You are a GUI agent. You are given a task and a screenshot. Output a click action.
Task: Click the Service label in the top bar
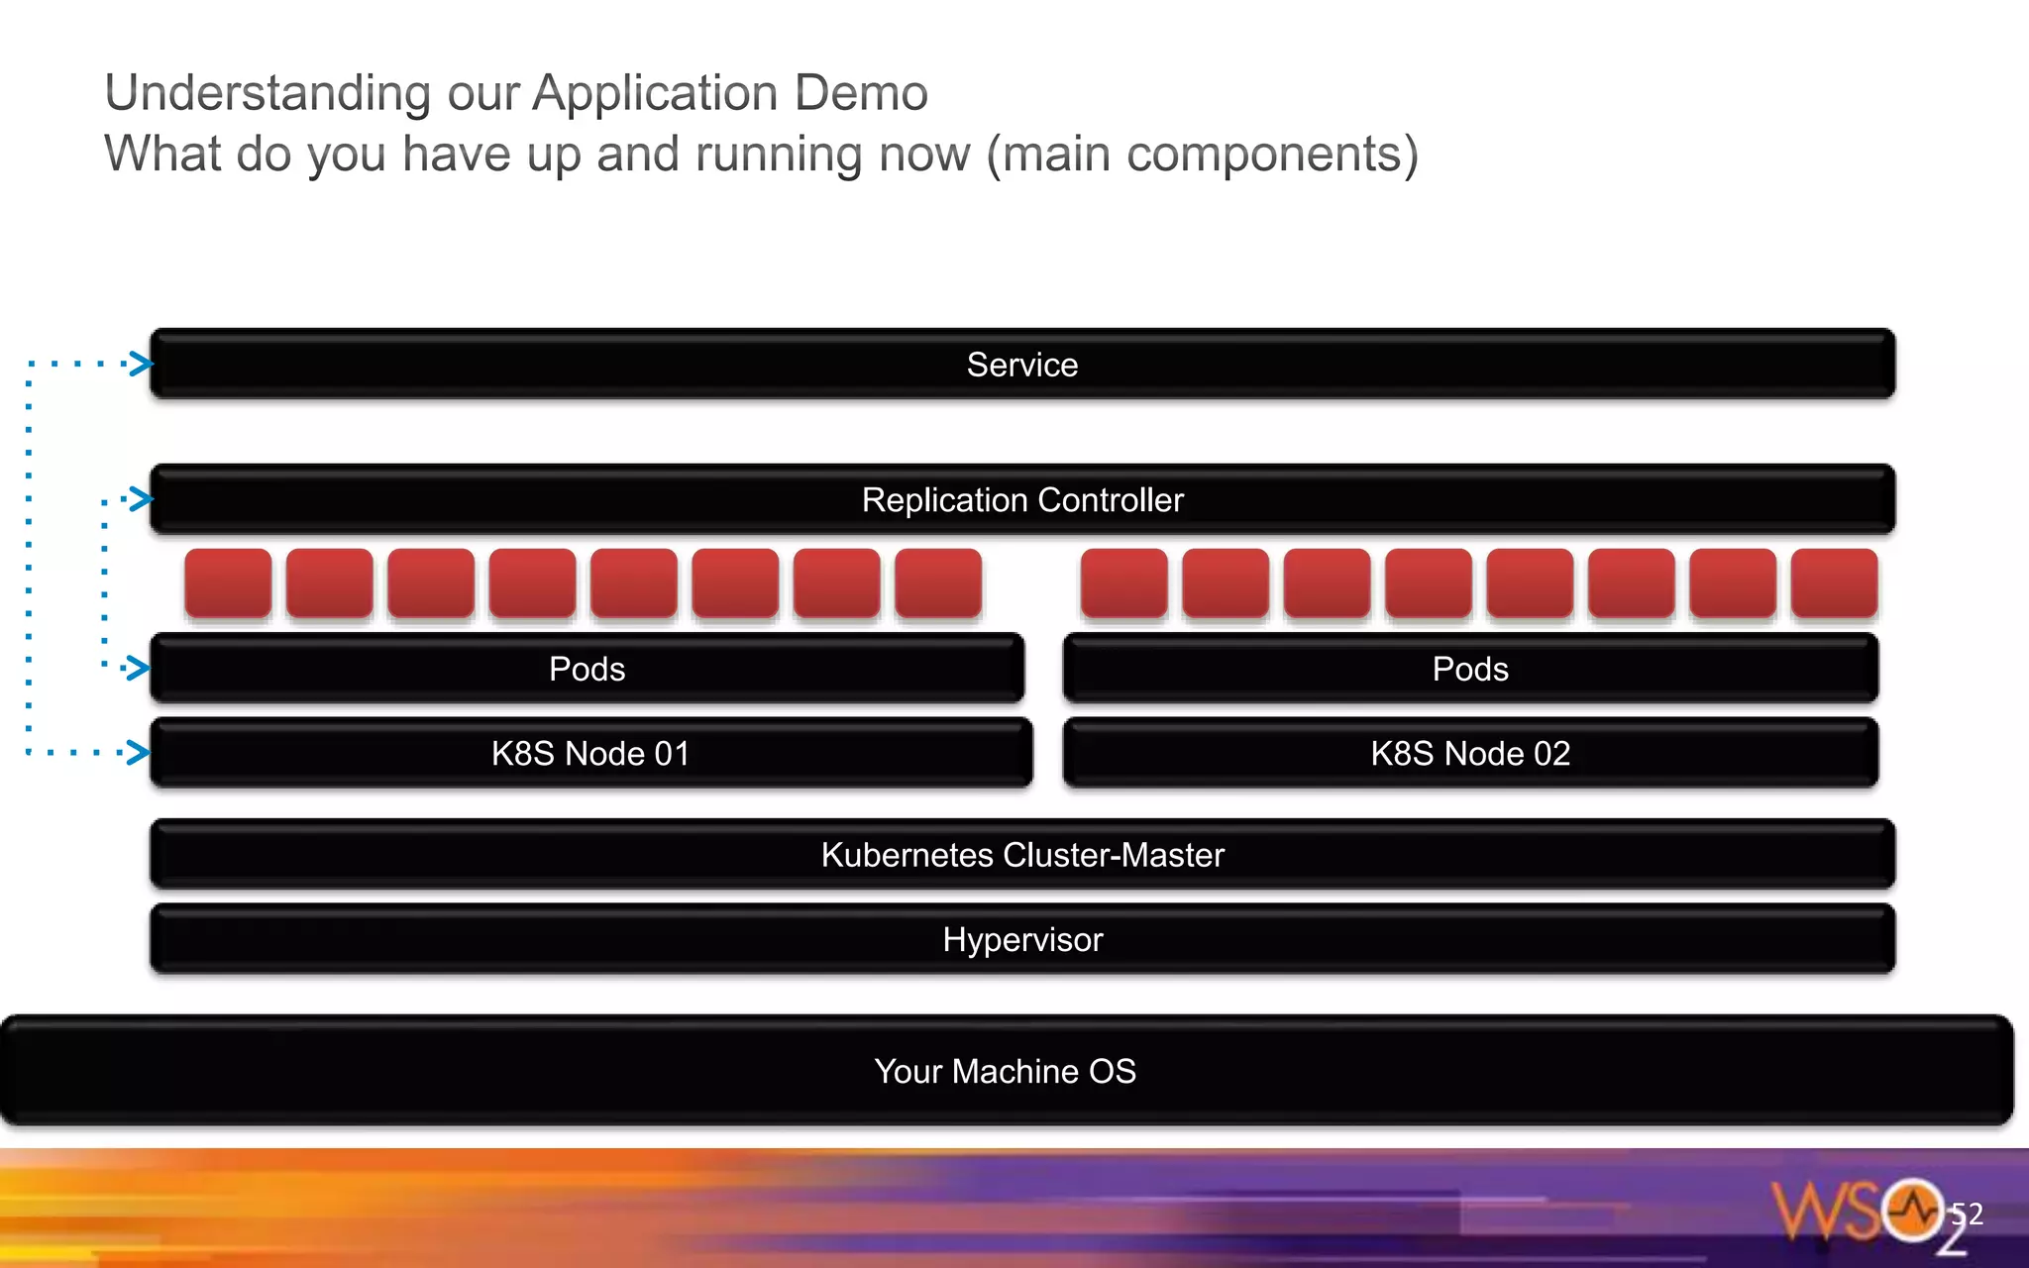click(1021, 365)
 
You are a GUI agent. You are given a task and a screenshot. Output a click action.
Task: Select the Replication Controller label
click(1021, 500)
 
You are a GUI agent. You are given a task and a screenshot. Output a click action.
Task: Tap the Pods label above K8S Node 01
click(587, 669)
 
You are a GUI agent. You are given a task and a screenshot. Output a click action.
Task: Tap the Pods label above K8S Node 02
click(1470, 669)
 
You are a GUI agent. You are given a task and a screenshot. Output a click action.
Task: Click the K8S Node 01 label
click(590, 754)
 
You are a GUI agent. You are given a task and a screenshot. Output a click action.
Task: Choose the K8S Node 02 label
click(1470, 754)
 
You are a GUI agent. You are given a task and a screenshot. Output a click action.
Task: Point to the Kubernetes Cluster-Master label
click(1021, 855)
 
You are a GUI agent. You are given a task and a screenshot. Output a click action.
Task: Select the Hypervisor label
click(1021, 939)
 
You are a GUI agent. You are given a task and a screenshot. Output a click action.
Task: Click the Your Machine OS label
click(1005, 1071)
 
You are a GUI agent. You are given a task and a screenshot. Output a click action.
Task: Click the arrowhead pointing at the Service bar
click(141, 364)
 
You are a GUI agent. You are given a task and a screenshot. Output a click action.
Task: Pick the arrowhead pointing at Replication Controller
click(141, 498)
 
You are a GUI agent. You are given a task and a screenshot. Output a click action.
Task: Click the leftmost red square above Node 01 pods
click(228, 583)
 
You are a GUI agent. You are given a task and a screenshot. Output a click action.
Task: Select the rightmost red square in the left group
click(938, 583)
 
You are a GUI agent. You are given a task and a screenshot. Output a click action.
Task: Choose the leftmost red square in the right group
click(1123, 583)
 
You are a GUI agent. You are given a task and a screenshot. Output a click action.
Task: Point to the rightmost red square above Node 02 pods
click(1834, 583)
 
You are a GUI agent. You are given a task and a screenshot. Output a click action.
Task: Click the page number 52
click(1967, 1214)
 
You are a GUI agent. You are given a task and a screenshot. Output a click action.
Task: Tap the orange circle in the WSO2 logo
click(1912, 1209)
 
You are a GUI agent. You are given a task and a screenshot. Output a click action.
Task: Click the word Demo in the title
click(861, 93)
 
